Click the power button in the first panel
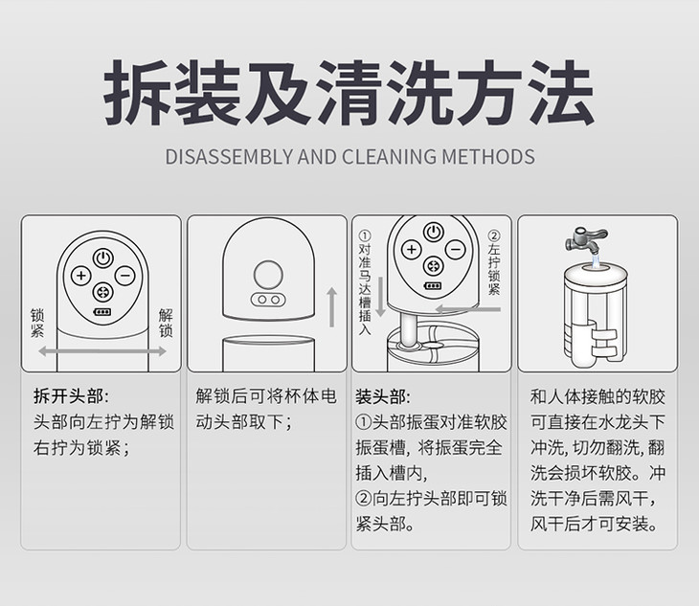(103, 258)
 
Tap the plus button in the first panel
(81, 276)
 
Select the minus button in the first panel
(125, 276)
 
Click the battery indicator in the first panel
(102, 312)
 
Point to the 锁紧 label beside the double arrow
(37, 323)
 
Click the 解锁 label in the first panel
(166, 323)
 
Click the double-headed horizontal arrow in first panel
(102, 351)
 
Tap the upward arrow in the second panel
(331, 307)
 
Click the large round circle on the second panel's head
(268, 274)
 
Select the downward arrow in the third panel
(380, 297)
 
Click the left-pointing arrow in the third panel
(468, 309)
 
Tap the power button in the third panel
(434, 232)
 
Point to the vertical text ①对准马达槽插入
(365, 282)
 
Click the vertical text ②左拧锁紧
(493, 262)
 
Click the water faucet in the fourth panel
(585, 239)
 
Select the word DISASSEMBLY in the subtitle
(229, 157)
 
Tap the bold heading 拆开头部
(71, 395)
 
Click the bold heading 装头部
(382, 396)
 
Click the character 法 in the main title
(561, 92)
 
